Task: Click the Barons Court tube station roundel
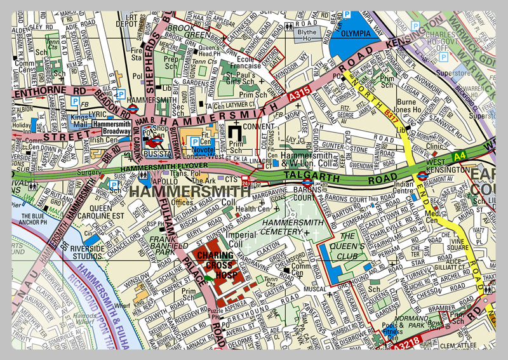(x=306, y=188)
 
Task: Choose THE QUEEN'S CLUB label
(x=351, y=250)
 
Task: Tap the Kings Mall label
(x=79, y=122)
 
